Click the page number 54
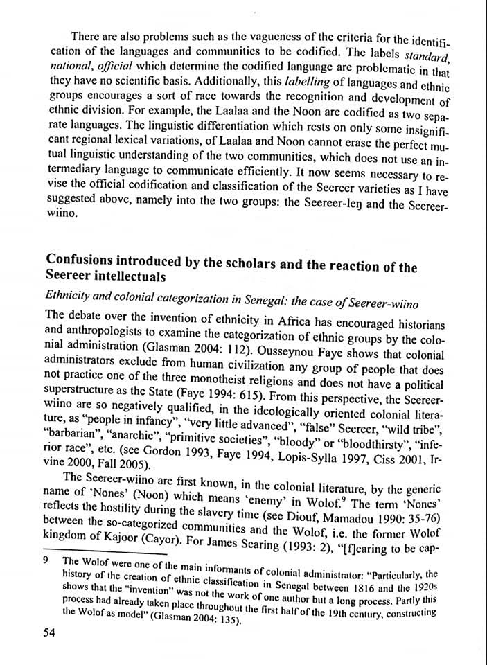tap(48, 632)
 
